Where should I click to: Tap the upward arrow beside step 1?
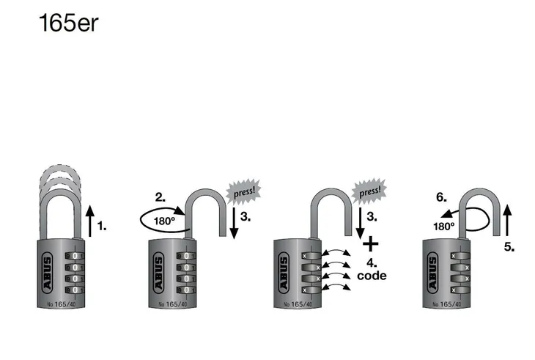pos(90,220)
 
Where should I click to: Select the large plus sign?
pos(372,243)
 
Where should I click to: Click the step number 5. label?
pos(509,248)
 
